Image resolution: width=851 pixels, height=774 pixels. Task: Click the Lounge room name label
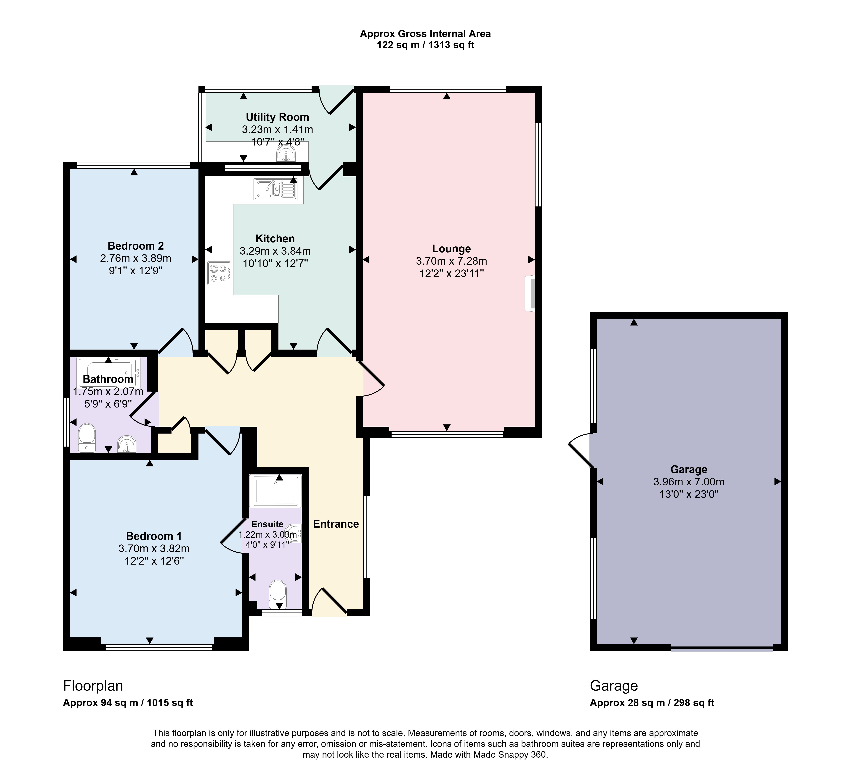[451, 249]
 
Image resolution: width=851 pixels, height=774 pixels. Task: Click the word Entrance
[336, 524]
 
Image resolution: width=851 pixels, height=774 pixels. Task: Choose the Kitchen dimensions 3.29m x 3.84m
[275, 251]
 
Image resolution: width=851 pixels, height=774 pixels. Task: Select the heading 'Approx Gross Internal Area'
[425, 34]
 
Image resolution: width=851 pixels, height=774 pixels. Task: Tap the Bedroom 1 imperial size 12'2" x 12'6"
[154, 561]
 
